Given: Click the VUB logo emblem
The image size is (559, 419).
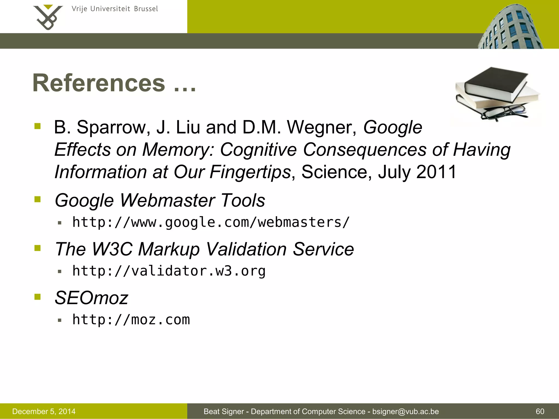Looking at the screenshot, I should [x=48, y=17].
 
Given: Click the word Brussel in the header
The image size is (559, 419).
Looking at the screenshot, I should [x=146, y=9].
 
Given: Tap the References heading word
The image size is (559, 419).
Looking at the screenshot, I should [x=99, y=83].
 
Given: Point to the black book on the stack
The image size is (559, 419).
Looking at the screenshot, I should [x=495, y=83].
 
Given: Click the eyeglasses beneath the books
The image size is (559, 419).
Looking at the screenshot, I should [x=504, y=112].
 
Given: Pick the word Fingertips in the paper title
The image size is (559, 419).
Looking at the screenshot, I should [x=250, y=172].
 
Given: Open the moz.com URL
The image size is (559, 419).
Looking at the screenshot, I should [x=131, y=320].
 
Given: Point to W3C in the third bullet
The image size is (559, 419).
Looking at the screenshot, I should [x=112, y=249].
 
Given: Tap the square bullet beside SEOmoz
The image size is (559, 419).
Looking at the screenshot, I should [x=37, y=297].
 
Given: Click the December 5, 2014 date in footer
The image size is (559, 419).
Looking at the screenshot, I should [x=44, y=411].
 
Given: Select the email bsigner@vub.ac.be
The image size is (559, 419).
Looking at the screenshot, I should [x=406, y=411].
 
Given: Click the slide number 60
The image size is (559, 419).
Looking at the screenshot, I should [x=540, y=411].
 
